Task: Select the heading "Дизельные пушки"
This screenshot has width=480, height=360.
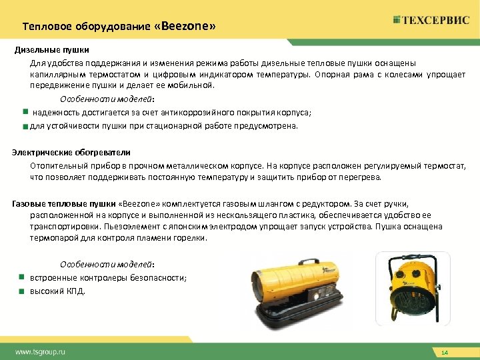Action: coord(52,50)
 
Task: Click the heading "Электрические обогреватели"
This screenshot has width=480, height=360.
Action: coord(71,153)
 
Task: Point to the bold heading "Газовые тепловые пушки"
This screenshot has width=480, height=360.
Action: coord(63,202)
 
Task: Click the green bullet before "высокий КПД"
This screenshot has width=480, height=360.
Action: coord(21,291)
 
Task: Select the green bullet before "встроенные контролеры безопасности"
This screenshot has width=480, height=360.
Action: coord(21,277)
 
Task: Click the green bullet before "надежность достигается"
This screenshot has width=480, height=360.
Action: coord(24,111)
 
